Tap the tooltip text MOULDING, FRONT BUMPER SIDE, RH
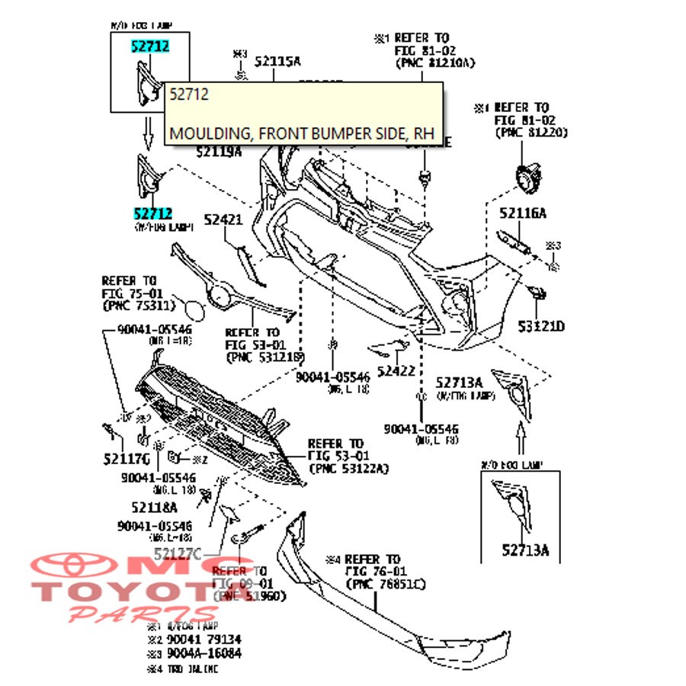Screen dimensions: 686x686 [x=301, y=133]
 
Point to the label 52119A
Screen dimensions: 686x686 [x=219, y=152]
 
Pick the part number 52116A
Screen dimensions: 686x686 [x=523, y=213]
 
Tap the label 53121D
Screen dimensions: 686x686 [x=541, y=327]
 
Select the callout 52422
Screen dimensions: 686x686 [x=396, y=371]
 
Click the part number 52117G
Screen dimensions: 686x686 [x=127, y=459]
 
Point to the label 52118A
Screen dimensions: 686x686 [x=154, y=507]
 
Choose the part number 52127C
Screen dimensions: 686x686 [x=178, y=553]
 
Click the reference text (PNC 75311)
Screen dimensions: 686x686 [x=138, y=306]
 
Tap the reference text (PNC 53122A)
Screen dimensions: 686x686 [x=348, y=467]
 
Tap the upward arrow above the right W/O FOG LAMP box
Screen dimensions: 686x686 [x=521, y=443]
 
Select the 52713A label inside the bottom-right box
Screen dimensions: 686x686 [x=524, y=549]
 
